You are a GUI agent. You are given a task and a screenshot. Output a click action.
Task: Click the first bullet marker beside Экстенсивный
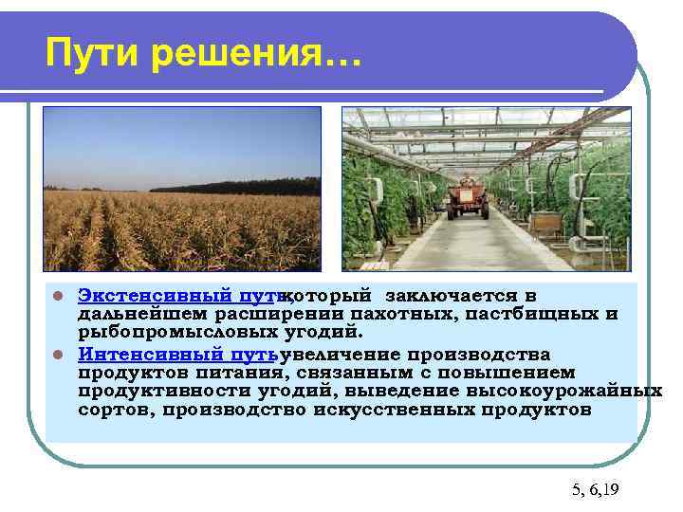coord(58,297)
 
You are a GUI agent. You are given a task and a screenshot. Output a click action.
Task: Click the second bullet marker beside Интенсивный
coord(58,354)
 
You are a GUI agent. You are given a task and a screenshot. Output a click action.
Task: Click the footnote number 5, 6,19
coord(595,490)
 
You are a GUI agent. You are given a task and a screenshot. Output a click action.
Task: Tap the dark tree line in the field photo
coord(237,186)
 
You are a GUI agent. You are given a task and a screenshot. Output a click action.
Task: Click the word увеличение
coord(341,354)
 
